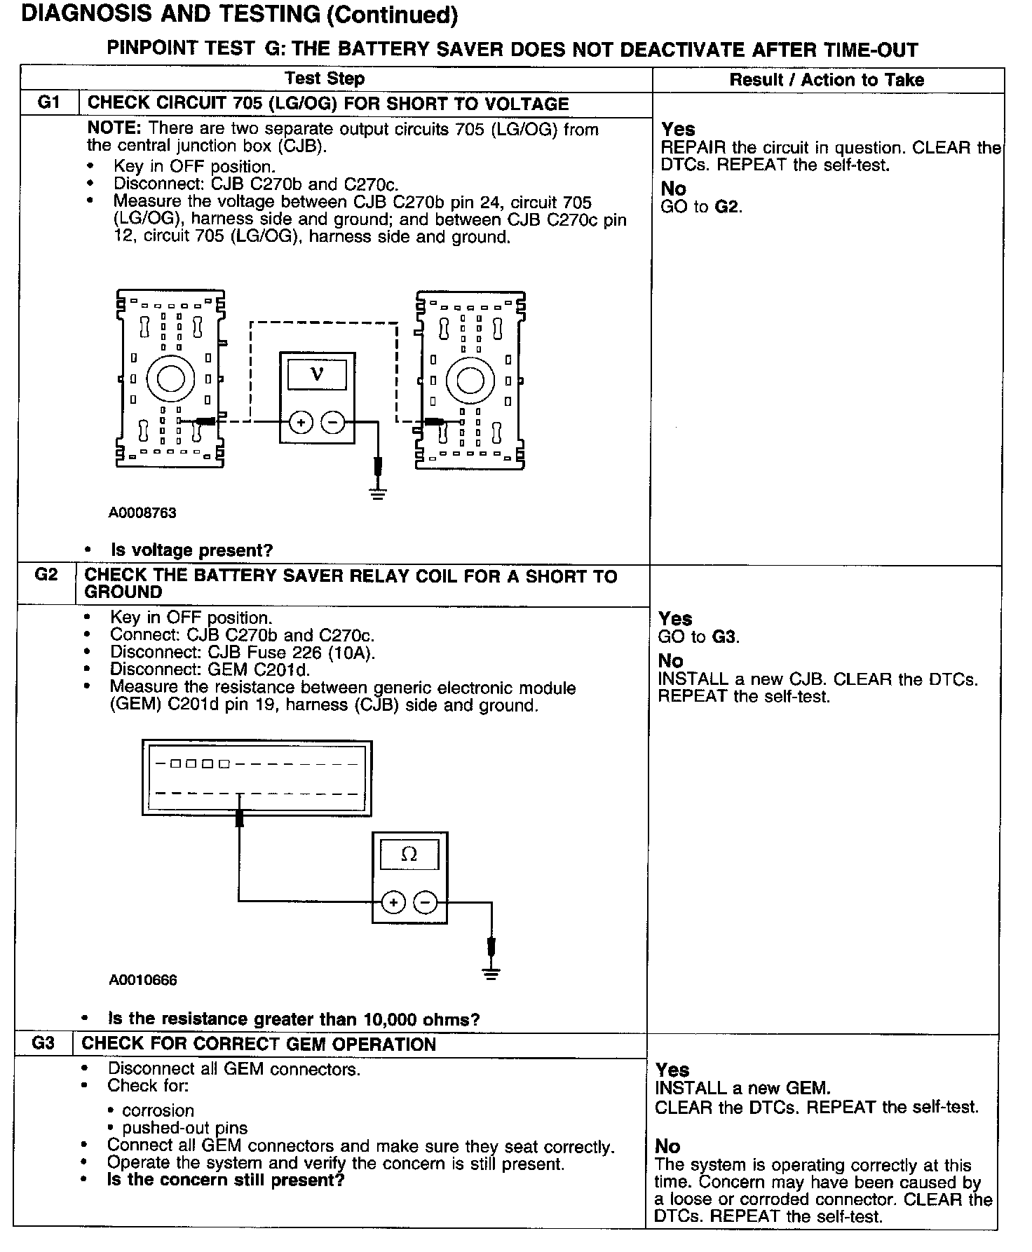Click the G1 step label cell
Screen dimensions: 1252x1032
48,104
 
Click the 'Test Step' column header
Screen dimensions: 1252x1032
325,79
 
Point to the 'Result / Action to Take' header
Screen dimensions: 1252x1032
827,80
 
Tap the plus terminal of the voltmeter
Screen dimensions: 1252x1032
301,422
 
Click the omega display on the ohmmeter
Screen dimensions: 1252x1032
409,855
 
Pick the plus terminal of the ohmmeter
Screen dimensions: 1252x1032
393,902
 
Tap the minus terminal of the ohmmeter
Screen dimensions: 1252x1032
425,902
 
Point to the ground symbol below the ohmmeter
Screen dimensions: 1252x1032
491,972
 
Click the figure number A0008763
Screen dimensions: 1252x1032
142,512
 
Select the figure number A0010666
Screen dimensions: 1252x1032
143,980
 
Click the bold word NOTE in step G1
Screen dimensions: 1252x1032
115,129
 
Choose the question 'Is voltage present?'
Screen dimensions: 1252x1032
191,550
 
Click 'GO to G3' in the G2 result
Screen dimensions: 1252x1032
699,637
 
